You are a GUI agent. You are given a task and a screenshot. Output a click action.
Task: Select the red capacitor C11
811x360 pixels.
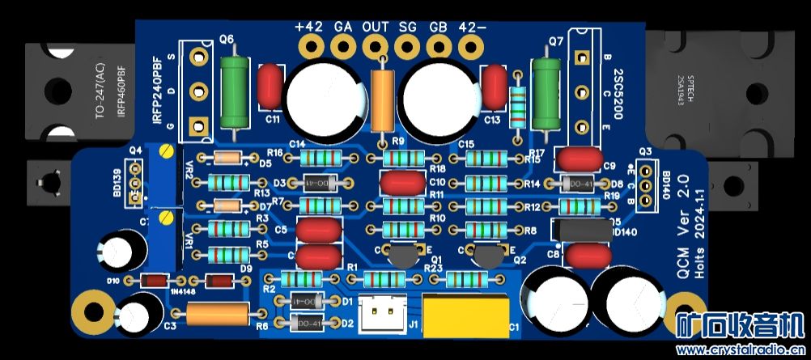tap(270, 87)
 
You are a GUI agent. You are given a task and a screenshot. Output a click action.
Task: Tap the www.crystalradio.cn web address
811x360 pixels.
tap(743, 349)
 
